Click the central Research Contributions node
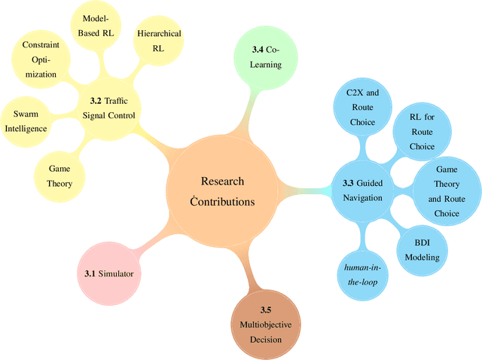click(x=222, y=191)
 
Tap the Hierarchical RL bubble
click(x=159, y=41)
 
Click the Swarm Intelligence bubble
click(x=26, y=121)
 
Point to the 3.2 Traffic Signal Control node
click(x=111, y=108)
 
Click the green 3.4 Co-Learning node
click(x=266, y=56)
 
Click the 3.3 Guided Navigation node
click(x=363, y=190)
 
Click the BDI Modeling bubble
click(x=427, y=250)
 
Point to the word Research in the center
click(x=222, y=182)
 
